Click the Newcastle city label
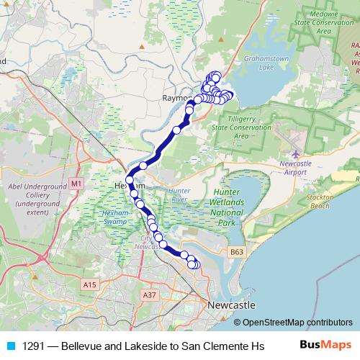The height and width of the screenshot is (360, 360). (230, 305)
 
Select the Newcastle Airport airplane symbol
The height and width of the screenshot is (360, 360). (296, 153)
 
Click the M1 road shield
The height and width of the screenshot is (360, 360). (76, 184)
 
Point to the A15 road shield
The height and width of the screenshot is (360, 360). (89, 286)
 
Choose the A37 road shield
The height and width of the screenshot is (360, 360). (150, 294)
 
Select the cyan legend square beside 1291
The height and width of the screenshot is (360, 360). (10, 345)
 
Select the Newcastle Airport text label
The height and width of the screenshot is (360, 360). (296, 168)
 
